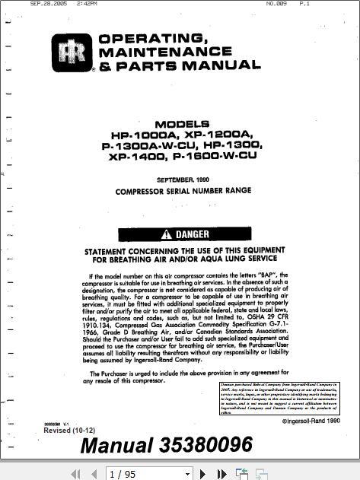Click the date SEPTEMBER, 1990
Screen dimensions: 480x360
click(x=182, y=180)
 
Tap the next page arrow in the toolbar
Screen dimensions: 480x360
click(x=203, y=474)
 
